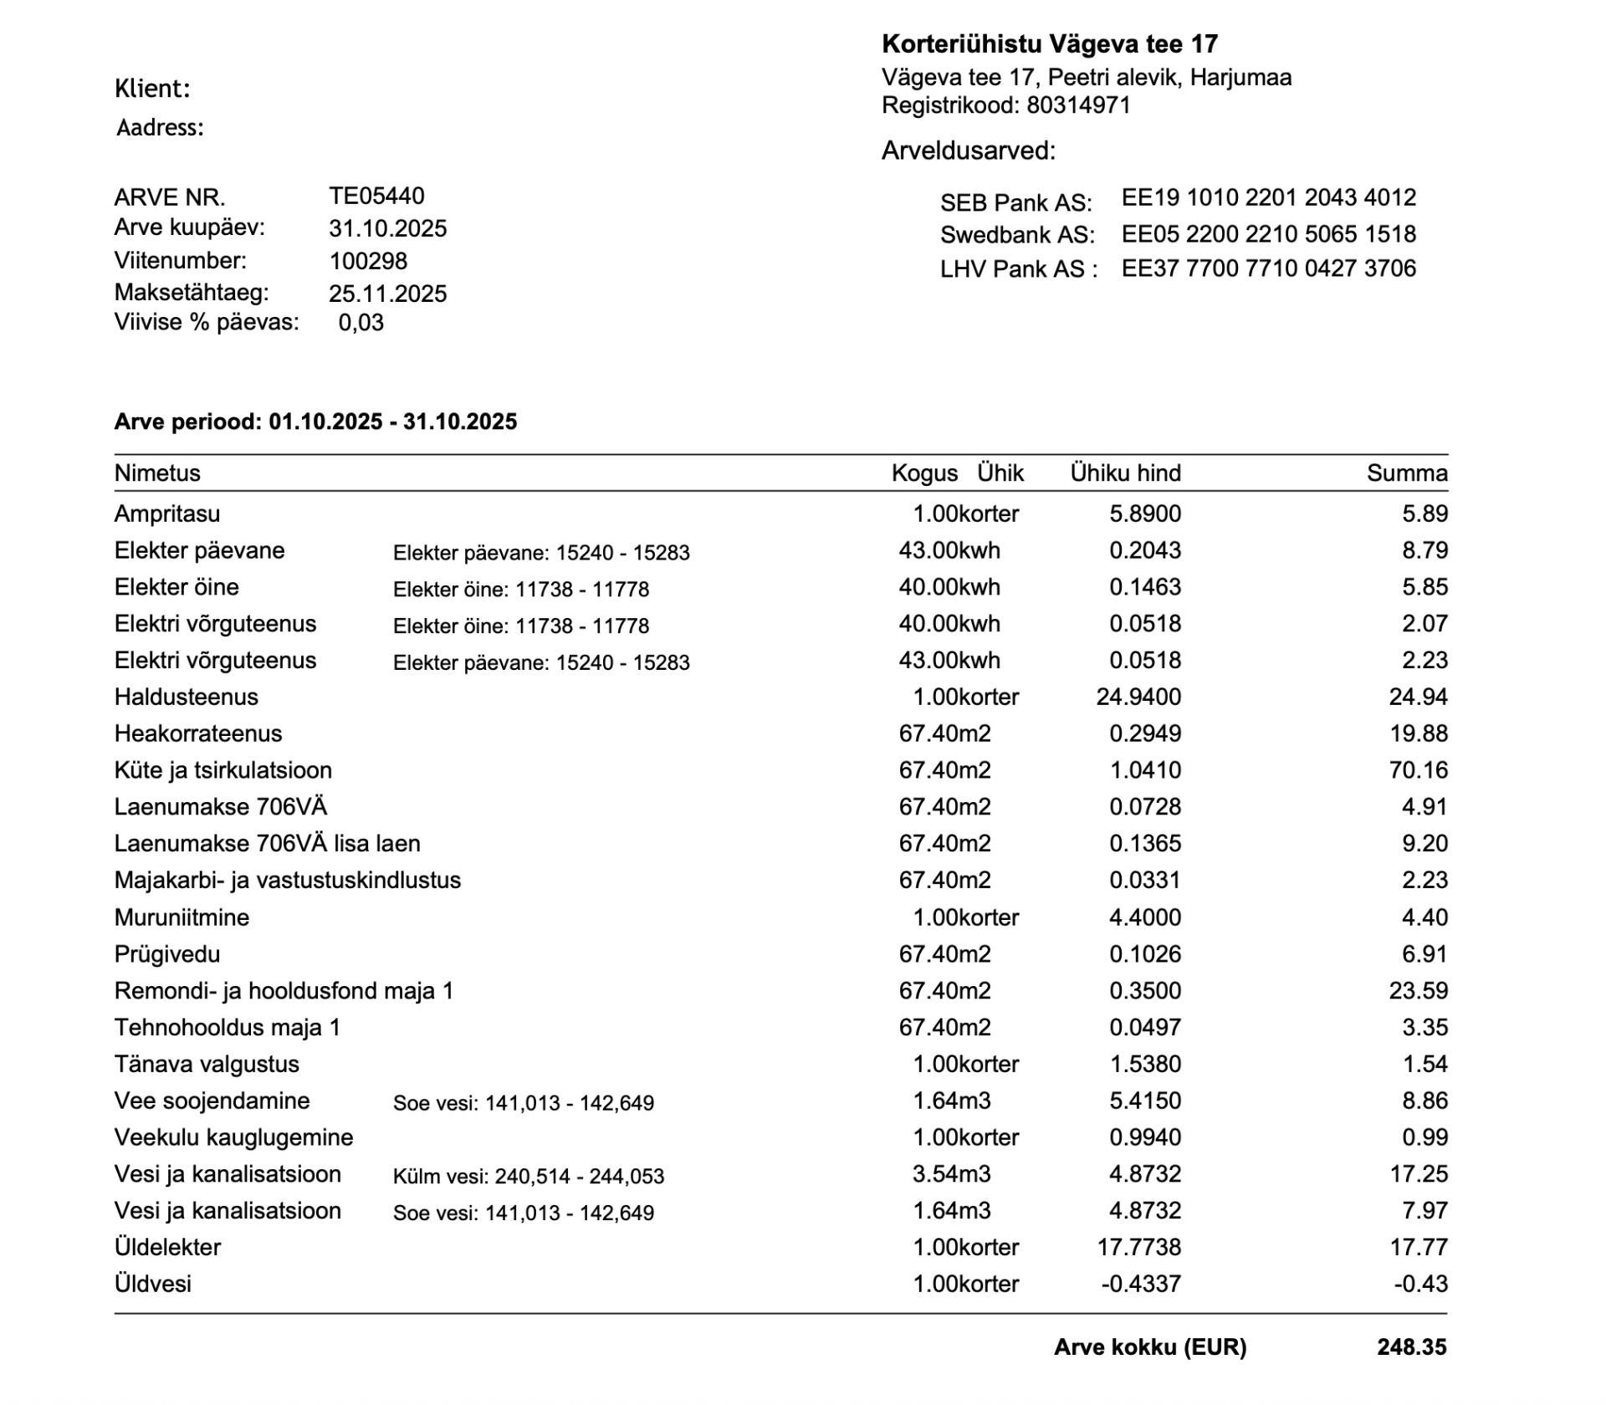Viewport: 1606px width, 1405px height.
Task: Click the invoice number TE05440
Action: (x=376, y=196)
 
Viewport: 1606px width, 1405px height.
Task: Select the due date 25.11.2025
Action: (x=387, y=294)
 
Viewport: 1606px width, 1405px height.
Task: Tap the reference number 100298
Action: (x=368, y=261)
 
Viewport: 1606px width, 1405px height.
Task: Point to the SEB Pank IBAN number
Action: (x=1268, y=197)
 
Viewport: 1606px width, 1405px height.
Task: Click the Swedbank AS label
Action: (x=1017, y=234)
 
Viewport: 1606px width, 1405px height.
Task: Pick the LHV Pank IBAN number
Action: (x=1268, y=268)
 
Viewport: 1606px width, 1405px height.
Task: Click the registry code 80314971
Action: (x=1078, y=105)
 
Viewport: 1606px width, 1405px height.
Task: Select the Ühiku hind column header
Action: (x=1125, y=473)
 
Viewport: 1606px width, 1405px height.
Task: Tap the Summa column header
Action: (x=1406, y=473)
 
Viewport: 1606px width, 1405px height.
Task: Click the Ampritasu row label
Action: (x=167, y=513)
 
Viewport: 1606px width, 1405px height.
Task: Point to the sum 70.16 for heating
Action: (x=1418, y=770)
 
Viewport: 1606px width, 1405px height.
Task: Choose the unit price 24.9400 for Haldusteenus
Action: (x=1138, y=697)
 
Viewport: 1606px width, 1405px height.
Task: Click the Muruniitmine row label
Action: (x=182, y=917)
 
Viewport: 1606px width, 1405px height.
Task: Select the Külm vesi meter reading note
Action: (x=528, y=1177)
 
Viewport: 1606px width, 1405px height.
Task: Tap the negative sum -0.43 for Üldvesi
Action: (x=1419, y=1284)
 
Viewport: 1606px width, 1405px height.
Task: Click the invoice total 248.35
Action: (x=1411, y=1347)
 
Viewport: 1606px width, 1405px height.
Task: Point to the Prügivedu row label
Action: (x=167, y=954)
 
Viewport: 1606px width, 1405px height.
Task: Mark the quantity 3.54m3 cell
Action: (x=951, y=1174)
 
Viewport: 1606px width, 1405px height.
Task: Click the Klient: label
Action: (x=152, y=89)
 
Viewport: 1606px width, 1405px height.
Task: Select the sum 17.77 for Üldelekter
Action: (x=1418, y=1247)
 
